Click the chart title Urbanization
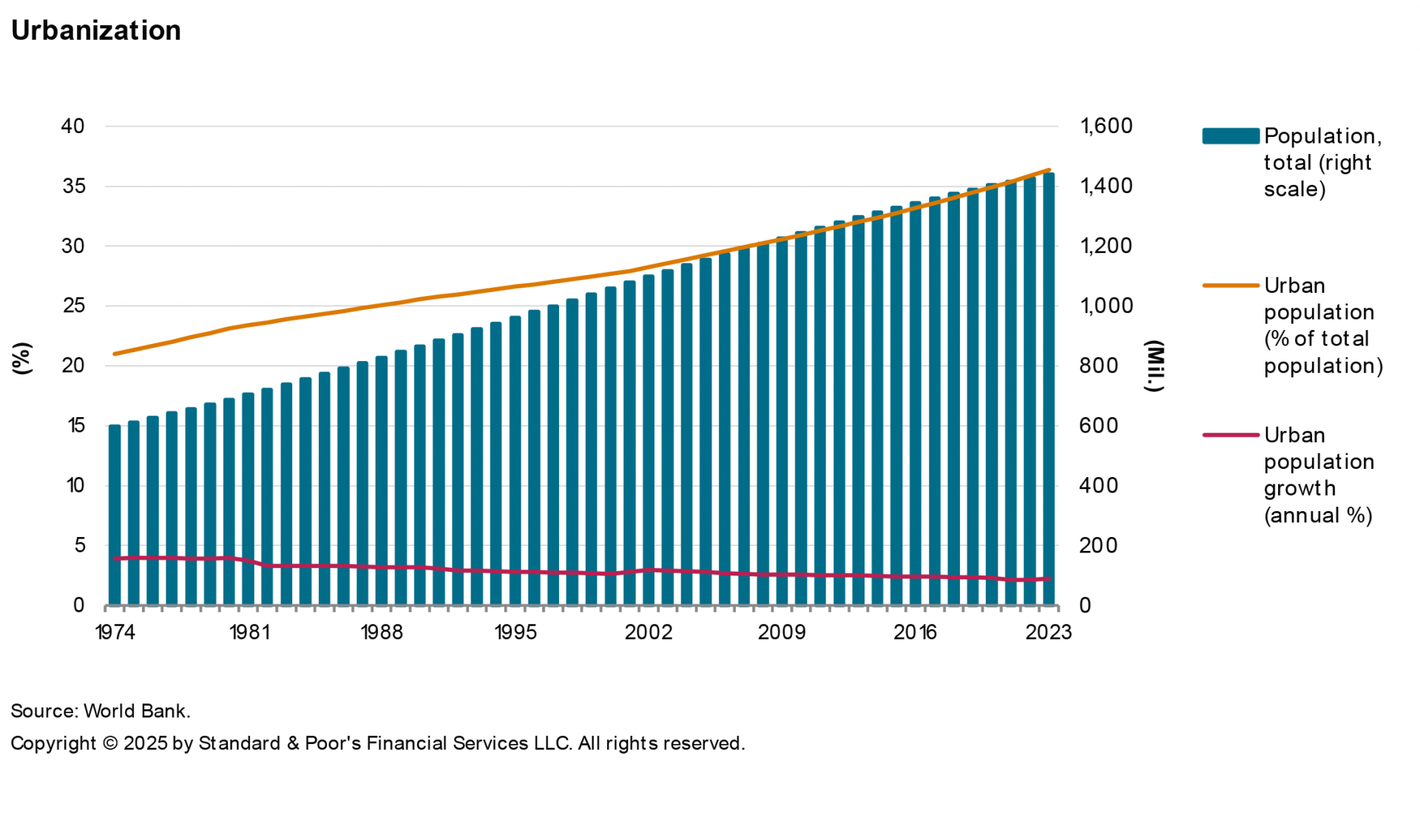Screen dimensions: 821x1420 pyautogui.click(x=96, y=30)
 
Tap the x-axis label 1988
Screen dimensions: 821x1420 pyautogui.click(x=382, y=632)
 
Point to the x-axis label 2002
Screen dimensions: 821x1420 pyautogui.click(x=649, y=632)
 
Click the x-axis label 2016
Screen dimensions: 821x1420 pyautogui.click(x=916, y=632)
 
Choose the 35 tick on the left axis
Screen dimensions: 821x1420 pyautogui.click(x=73, y=186)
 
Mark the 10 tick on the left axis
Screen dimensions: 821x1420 pyautogui.click(x=75, y=485)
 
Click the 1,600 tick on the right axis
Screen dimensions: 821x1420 pyautogui.click(x=1106, y=126)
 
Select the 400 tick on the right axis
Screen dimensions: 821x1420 pyautogui.click(x=1098, y=485)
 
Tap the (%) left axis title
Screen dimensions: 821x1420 pyautogui.click(x=22, y=359)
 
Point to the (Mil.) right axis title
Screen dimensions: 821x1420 pyautogui.click(x=1154, y=366)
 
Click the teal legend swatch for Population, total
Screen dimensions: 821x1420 pyautogui.click(x=1231, y=136)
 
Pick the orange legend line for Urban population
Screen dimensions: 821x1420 pyautogui.click(x=1231, y=286)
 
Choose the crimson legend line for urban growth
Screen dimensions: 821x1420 pyautogui.click(x=1231, y=435)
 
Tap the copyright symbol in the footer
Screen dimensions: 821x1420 pyautogui.click(x=110, y=743)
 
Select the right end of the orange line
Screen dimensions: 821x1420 pyautogui.click(x=1049, y=170)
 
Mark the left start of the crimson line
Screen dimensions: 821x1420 pyautogui.click(x=115, y=558)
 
